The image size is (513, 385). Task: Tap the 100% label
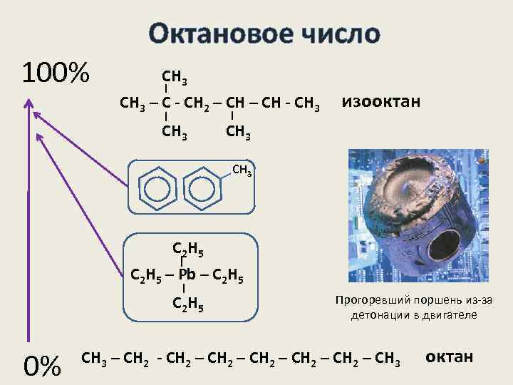[55, 72]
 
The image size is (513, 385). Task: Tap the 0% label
[42, 366]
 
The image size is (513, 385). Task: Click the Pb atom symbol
[186, 274]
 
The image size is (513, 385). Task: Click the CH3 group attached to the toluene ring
[242, 170]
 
